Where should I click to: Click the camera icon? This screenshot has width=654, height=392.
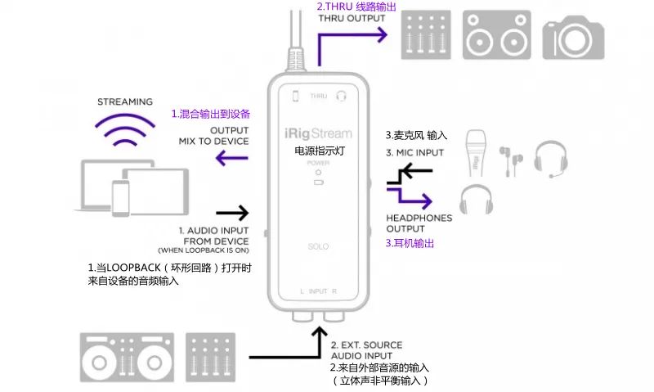click(x=573, y=38)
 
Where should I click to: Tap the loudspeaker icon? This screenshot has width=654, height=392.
click(x=497, y=35)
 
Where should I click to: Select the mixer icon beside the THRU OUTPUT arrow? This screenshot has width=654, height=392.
click(x=426, y=35)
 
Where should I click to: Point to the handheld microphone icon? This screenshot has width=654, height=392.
click(x=476, y=153)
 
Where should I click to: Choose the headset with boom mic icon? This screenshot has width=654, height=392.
click(x=550, y=159)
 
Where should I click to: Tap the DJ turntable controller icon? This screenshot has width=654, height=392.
click(x=127, y=358)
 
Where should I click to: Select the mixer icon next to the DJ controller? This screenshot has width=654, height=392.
click(x=210, y=358)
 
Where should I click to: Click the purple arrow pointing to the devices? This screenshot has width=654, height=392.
click(x=232, y=158)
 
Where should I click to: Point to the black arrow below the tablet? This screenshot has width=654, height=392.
click(x=232, y=213)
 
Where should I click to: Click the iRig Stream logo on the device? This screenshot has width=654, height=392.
click(x=318, y=133)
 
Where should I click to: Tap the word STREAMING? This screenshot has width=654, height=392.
click(x=125, y=101)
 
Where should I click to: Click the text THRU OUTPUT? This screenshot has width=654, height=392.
click(x=352, y=18)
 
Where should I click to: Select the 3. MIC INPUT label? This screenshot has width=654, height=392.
click(x=414, y=153)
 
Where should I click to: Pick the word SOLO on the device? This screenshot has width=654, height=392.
click(x=318, y=246)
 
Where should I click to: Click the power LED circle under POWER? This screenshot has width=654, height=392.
click(x=318, y=173)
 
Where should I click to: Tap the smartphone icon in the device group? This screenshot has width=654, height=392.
click(x=120, y=198)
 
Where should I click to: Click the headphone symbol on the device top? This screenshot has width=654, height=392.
click(x=341, y=97)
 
